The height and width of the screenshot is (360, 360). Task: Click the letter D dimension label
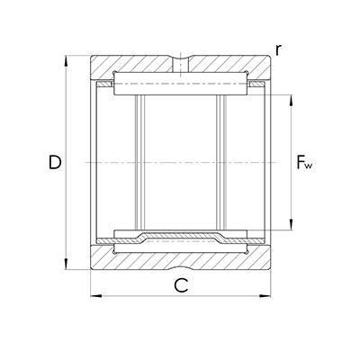tap(55, 163)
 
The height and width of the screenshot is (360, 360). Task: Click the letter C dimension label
tap(180, 286)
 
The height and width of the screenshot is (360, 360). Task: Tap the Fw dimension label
tap(305, 164)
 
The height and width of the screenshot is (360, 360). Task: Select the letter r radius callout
tap(279, 51)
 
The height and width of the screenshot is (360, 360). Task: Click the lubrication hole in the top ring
tap(181, 65)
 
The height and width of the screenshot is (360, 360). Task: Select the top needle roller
tap(180, 85)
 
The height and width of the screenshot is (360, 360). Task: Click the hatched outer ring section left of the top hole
tap(135, 66)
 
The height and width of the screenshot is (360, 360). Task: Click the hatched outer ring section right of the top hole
tap(225, 66)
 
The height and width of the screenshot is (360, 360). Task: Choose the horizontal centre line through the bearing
tap(180, 162)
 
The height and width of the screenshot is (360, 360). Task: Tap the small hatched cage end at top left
tap(105, 85)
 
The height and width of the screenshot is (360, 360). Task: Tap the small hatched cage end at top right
tap(256, 85)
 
